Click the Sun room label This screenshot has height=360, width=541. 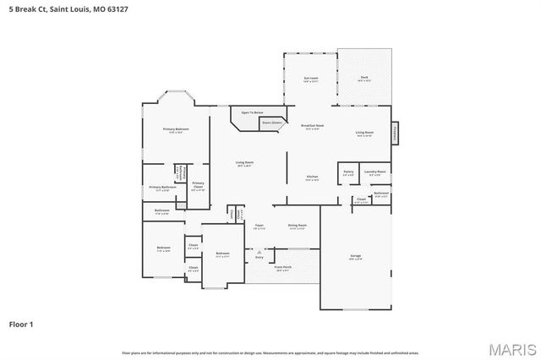coord(310,79)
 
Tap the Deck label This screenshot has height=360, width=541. coord(364,79)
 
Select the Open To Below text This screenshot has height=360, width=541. coord(252,112)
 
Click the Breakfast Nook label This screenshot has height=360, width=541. coord(313,126)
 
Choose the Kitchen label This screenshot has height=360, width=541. coord(312,177)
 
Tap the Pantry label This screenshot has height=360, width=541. coord(348,172)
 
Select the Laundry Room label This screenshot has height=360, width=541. coord(375,172)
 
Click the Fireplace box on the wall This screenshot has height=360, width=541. coord(393,133)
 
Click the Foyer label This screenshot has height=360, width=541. coord(260,226)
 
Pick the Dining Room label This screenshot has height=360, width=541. coord(297,226)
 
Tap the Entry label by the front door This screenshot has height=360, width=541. coord(259,257)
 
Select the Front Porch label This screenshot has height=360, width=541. coord(282,268)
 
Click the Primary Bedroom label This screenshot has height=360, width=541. coord(176,129)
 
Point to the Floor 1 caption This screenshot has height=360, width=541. coord(22,324)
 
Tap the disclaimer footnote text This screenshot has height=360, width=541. coord(270,352)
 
